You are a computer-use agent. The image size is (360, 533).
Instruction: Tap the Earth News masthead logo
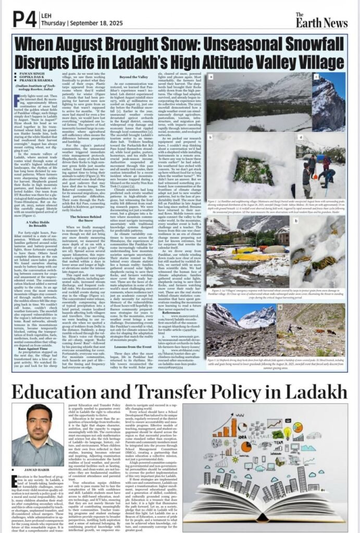click(329, 20)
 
